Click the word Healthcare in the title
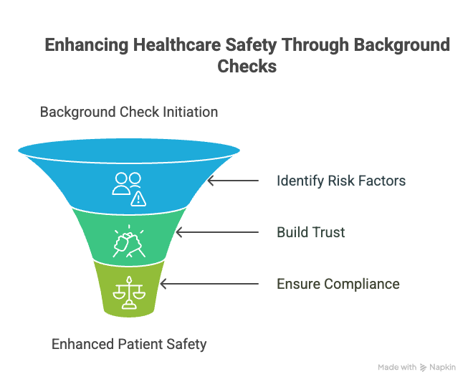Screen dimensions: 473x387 pos(178,45)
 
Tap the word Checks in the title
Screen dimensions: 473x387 pos(247,66)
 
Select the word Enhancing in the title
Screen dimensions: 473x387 pos(87,46)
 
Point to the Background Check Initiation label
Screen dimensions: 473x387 pos(129,112)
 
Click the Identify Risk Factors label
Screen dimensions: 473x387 pos(341,181)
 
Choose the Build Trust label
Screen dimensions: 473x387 pos(311,232)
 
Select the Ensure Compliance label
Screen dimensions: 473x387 pos(338,284)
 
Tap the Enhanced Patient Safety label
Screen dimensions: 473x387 pos(129,344)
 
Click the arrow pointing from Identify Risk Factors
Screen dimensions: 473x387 pos(233,181)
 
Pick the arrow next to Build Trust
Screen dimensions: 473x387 pos(217,232)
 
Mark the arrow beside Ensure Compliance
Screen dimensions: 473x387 pos(209,284)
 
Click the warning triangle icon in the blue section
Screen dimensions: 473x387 pos(138,199)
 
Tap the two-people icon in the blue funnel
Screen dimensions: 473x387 pos(127,183)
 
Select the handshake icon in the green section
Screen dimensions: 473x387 pos(129,242)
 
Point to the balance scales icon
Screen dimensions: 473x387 pos(129,292)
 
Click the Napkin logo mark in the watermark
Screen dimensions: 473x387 pos(424,368)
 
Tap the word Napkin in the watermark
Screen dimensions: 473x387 pos(442,368)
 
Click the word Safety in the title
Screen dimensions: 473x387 pos(251,46)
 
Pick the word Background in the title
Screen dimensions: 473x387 pos(402,46)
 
